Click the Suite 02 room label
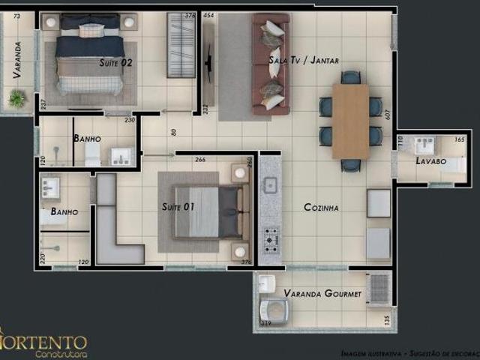(115, 63)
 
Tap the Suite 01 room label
(178, 206)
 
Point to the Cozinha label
(322, 207)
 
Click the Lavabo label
(431, 161)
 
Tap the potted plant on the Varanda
(16, 98)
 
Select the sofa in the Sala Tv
(271, 66)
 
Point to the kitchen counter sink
(270, 184)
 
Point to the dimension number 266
(200, 159)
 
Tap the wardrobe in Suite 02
(181, 45)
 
